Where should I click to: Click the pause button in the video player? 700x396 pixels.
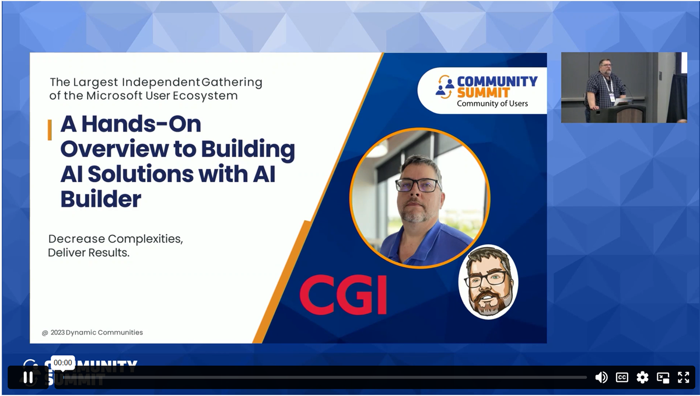click(x=28, y=377)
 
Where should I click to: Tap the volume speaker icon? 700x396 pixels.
click(x=601, y=377)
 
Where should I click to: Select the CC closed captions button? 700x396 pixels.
click(x=622, y=377)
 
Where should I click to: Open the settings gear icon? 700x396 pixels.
click(x=642, y=377)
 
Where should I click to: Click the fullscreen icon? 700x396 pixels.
click(x=683, y=377)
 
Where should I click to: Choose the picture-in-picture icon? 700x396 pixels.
click(x=663, y=377)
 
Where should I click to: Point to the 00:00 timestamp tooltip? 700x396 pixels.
click(x=62, y=363)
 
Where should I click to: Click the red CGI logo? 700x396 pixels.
click(x=343, y=295)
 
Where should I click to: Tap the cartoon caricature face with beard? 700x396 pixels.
click(x=488, y=282)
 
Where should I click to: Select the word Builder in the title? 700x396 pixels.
click(x=100, y=199)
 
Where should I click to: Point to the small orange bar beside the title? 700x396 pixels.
click(x=50, y=130)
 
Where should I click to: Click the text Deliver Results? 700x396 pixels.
click(x=89, y=253)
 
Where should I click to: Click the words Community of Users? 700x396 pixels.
click(x=492, y=104)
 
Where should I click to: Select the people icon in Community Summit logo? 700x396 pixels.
click(x=445, y=87)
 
